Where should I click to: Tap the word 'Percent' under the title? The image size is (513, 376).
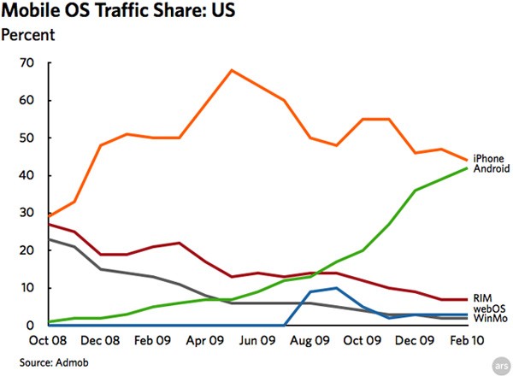click(x=28, y=35)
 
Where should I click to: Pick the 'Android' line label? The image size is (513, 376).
click(x=491, y=168)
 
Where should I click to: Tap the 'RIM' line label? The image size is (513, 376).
click(x=481, y=297)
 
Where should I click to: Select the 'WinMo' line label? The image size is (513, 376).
click(x=487, y=319)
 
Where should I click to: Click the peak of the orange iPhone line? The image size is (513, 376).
click(x=231, y=70)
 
